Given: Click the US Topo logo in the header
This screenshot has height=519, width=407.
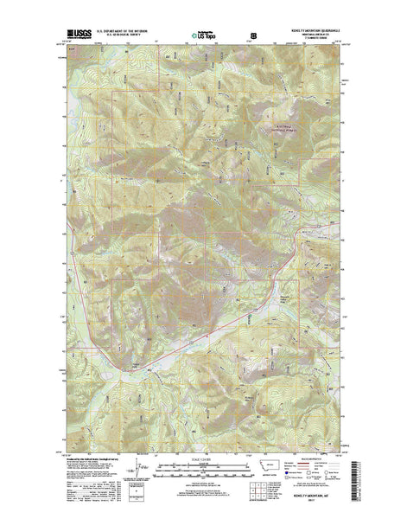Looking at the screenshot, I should click(x=205, y=36).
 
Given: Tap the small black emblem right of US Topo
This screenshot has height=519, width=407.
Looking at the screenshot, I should click(x=254, y=36).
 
